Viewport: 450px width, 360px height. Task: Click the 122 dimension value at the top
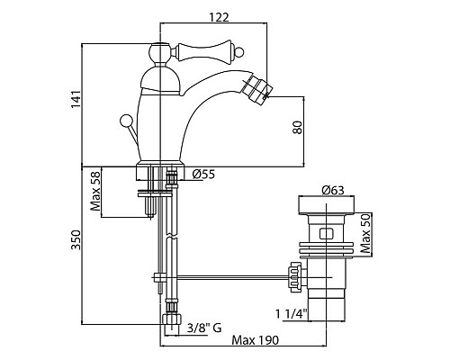coord(219,17)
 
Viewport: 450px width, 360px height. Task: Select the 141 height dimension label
coord(76,99)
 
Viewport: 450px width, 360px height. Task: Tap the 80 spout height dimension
coord(297,128)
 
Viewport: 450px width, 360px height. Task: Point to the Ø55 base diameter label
coord(204,174)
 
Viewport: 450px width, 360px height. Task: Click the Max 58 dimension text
coord(95,191)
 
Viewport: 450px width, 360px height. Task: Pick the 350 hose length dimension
coord(76,240)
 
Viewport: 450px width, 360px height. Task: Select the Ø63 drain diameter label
coord(333,190)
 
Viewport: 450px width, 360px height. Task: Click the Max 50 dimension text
coord(365,234)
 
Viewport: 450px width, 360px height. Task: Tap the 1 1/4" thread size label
coord(292,314)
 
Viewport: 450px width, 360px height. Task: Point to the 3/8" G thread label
coord(204,328)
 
